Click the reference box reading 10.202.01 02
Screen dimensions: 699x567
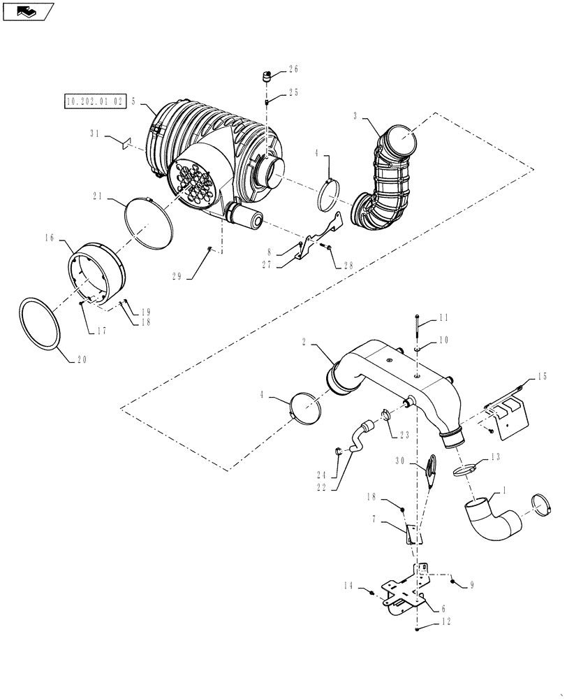94,101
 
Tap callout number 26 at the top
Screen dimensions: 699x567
293,69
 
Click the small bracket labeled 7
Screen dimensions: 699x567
412,534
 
